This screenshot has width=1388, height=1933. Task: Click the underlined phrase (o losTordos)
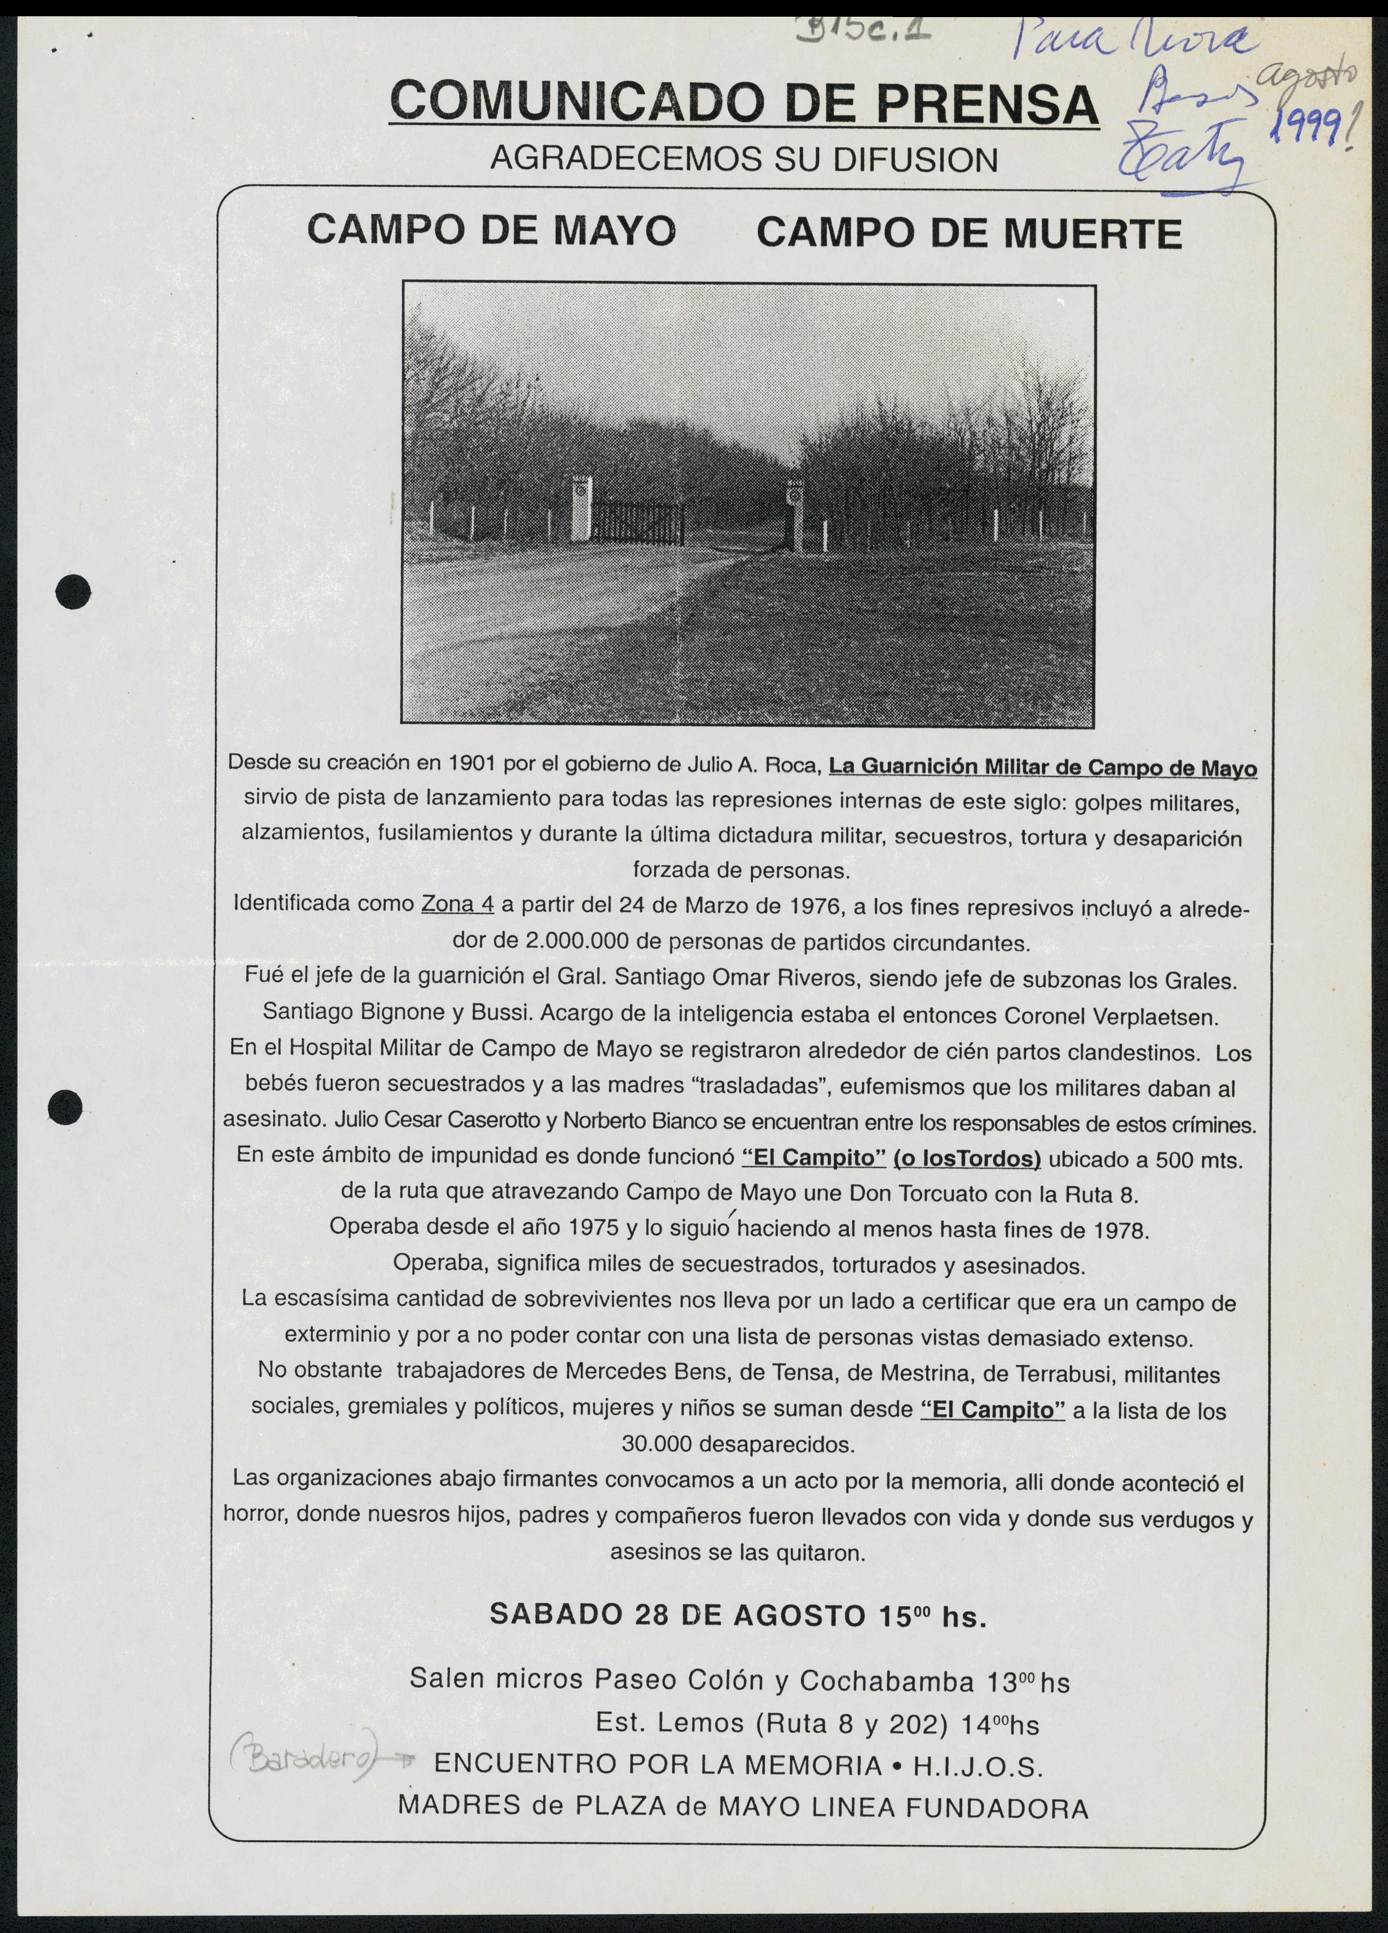point(967,1158)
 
